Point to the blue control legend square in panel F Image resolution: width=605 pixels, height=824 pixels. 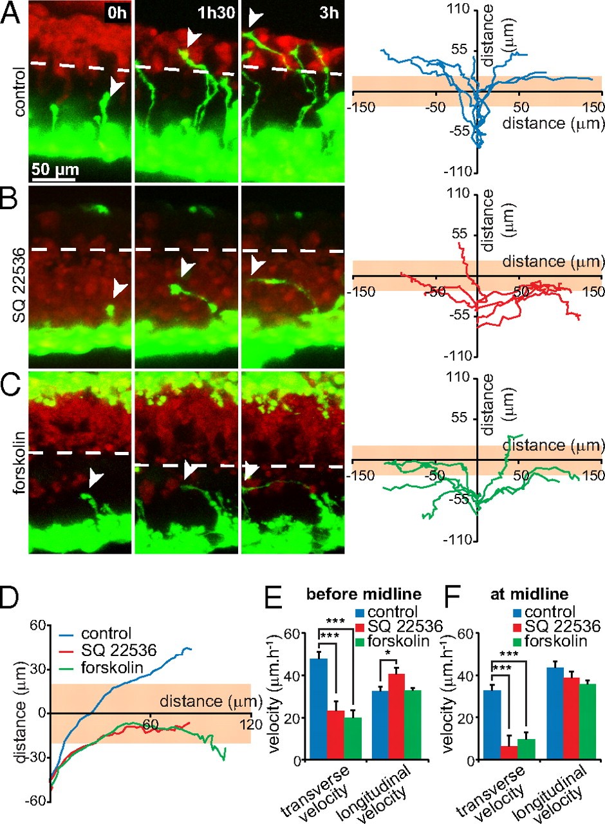tap(517, 611)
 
